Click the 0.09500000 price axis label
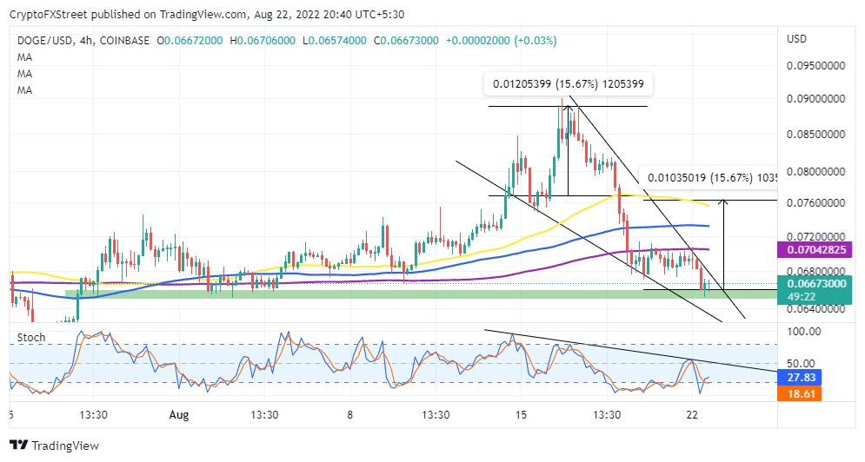pyautogui.click(x=815, y=65)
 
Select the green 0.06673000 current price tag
pyautogui.click(x=815, y=283)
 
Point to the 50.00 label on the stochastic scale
pyautogui.click(x=800, y=363)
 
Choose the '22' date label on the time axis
pyautogui.click(x=693, y=414)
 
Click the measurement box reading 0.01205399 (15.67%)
pyautogui.click(x=569, y=84)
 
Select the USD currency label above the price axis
pyautogui.click(x=797, y=40)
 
